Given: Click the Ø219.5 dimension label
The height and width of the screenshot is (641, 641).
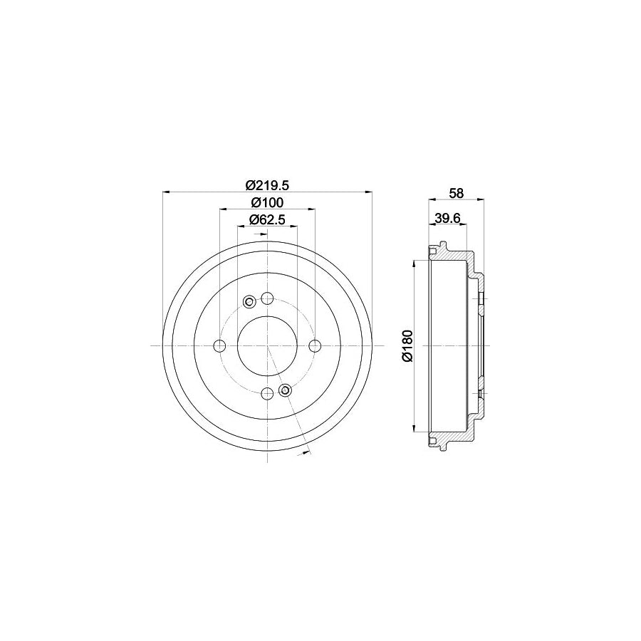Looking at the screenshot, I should click(266, 184).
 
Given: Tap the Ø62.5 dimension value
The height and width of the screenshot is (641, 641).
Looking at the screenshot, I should click(267, 219).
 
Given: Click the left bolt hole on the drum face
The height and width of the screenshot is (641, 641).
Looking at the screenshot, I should click(219, 346).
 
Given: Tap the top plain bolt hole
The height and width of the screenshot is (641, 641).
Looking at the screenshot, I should click(267, 298).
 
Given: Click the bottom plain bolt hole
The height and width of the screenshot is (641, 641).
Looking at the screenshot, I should click(267, 394).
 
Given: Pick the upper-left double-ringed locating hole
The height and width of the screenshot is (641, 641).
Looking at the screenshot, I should click(249, 302).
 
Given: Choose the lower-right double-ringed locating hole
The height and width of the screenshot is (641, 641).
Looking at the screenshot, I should click(285, 390).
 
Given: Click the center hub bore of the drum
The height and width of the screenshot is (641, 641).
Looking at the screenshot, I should click(267, 346).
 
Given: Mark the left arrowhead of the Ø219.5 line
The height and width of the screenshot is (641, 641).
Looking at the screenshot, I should click(166, 191).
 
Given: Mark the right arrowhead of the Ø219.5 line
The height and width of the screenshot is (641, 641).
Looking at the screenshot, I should click(369, 191).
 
